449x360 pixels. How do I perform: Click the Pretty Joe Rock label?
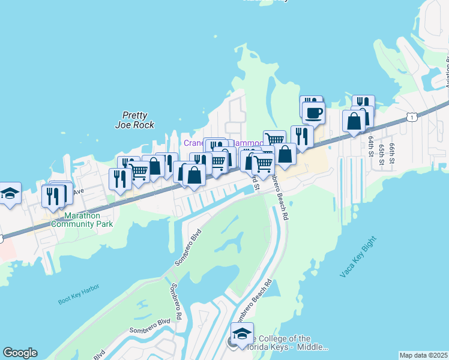click(x=134, y=120)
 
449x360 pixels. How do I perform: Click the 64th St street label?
click(x=371, y=146)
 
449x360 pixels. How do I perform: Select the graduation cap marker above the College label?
click(x=242, y=333)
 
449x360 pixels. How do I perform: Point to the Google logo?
click(x=20, y=353)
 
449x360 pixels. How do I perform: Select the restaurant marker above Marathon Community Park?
click(x=53, y=195)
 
